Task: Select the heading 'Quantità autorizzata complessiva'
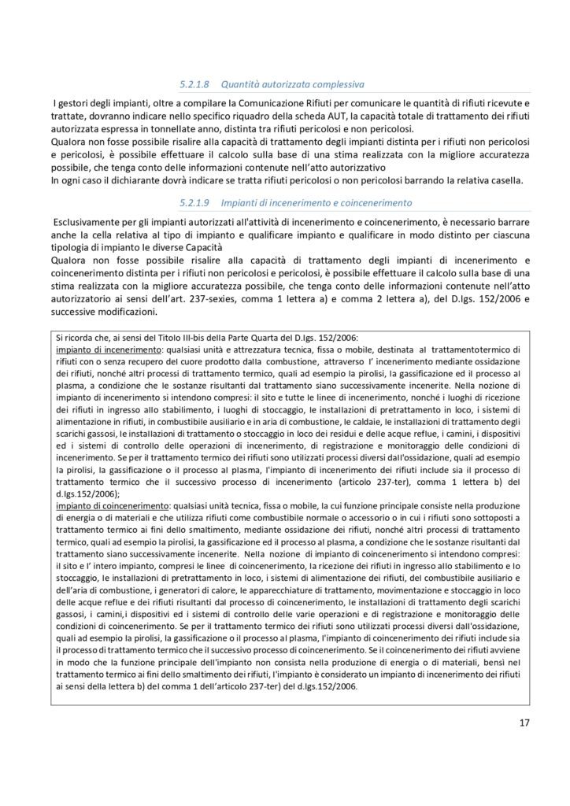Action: [293, 82]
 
